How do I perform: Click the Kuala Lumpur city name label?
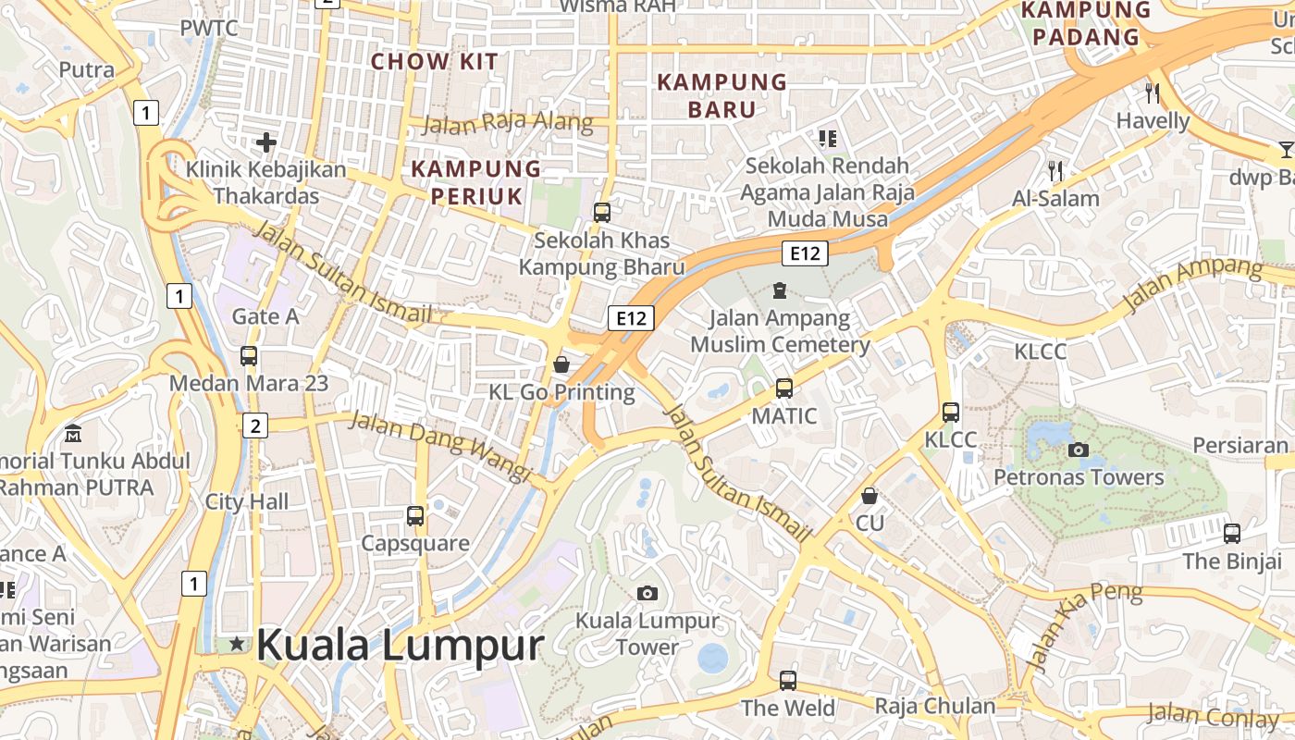[399, 645]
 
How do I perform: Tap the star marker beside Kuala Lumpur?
[238, 643]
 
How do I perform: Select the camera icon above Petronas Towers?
[1078, 450]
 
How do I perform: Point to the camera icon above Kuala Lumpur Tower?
[647, 593]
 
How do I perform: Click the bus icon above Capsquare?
[415, 515]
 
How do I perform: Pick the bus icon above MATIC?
[784, 388]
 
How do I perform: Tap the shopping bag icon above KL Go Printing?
[561, 364]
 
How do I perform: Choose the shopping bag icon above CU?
[869, 496]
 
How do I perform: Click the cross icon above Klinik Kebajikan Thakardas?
[266, 142]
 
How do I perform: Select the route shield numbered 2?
[255, 425]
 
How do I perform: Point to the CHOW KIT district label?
[435, 62]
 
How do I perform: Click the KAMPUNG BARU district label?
[721, 95]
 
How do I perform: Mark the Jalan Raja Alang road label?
[508, 122]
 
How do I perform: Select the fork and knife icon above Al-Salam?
[1055, 170]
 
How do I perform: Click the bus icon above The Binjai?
[1232, 533]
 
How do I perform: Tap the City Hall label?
[247, 502]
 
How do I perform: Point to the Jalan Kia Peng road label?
[1082, 624]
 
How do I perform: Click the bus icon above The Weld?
[788, 681]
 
